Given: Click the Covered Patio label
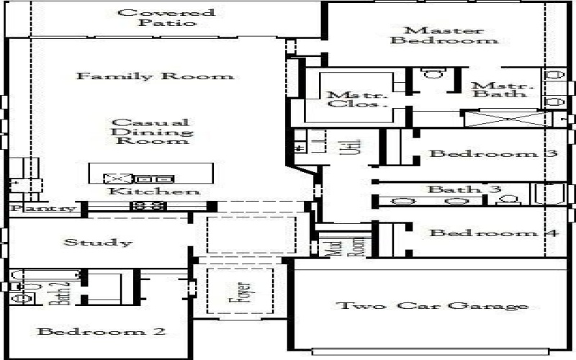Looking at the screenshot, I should point(166,17).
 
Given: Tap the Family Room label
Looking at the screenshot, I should point(155,76).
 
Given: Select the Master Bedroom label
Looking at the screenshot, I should point(444,35).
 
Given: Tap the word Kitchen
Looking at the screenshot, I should point(154,192).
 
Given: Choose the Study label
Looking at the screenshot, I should point(98,243).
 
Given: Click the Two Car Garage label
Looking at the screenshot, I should point(433,306).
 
